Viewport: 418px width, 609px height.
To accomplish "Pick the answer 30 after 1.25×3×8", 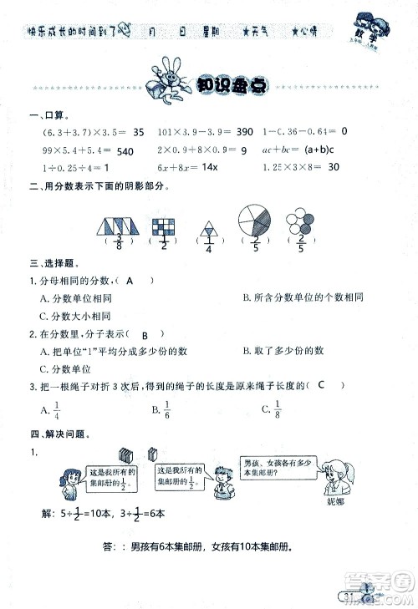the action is pos(334,167).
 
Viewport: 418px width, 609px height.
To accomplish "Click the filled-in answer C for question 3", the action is pos(320,384).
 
